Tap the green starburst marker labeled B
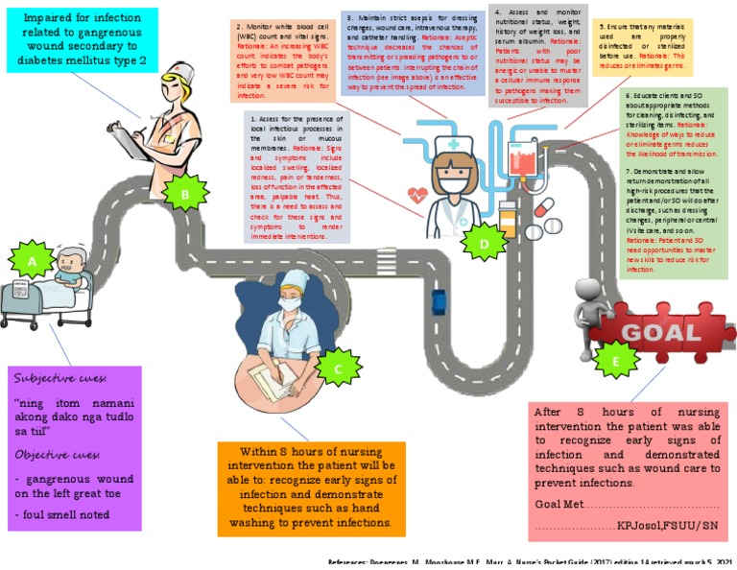186,195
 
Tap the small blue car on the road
439,299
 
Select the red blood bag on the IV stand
525,152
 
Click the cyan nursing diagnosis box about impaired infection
85,39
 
